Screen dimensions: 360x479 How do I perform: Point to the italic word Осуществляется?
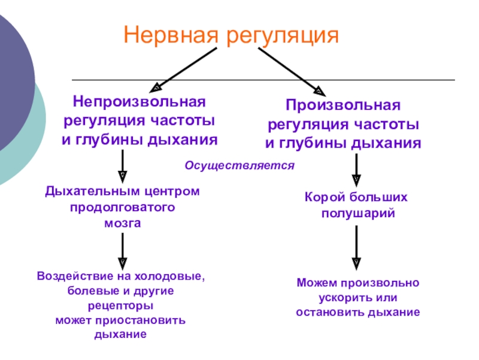[x=239, y=165]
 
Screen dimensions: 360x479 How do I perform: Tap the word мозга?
[x=123, y=223]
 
